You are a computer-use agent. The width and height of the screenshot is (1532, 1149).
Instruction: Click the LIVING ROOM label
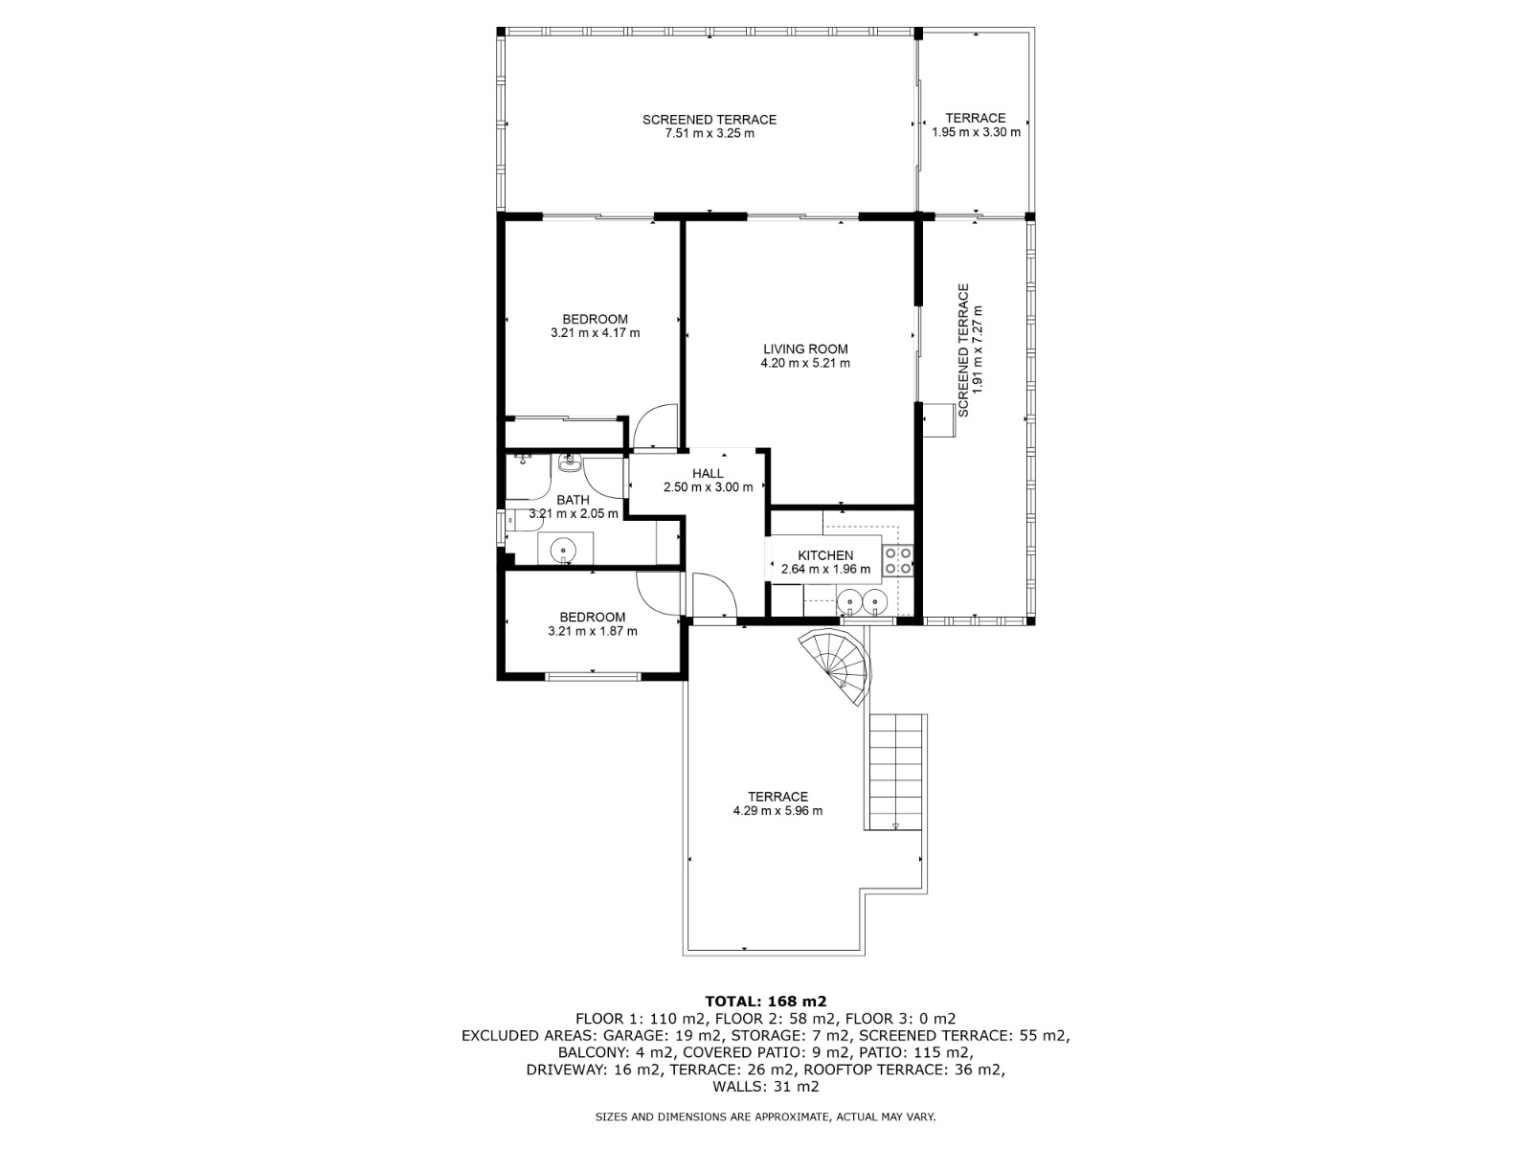805,349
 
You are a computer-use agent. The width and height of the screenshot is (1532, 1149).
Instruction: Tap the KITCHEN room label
825,555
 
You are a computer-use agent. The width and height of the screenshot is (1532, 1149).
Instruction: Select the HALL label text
708,473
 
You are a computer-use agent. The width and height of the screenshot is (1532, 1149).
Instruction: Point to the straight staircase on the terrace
896,772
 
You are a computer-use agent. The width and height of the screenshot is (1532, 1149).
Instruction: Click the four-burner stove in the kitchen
897,561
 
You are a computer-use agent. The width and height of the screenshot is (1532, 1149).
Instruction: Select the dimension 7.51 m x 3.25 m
710,134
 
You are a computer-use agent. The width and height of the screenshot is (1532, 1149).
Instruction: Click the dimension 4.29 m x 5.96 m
777,811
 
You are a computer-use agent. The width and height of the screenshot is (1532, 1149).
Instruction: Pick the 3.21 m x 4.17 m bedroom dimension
595,333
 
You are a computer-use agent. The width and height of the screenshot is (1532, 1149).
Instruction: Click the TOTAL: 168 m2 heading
766,1002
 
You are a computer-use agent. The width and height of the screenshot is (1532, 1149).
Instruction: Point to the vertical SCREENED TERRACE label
963,349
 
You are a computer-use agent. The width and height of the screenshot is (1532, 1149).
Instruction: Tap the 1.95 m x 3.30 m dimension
976,133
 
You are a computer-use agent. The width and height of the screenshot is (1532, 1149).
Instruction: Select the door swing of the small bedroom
657,594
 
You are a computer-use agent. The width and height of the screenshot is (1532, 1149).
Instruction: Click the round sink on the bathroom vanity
562,550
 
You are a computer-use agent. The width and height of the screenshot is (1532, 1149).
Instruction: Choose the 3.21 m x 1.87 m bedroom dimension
592,632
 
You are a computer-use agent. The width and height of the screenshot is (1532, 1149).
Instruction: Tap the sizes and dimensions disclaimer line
766,1116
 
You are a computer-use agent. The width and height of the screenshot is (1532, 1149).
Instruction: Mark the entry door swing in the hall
713,596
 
